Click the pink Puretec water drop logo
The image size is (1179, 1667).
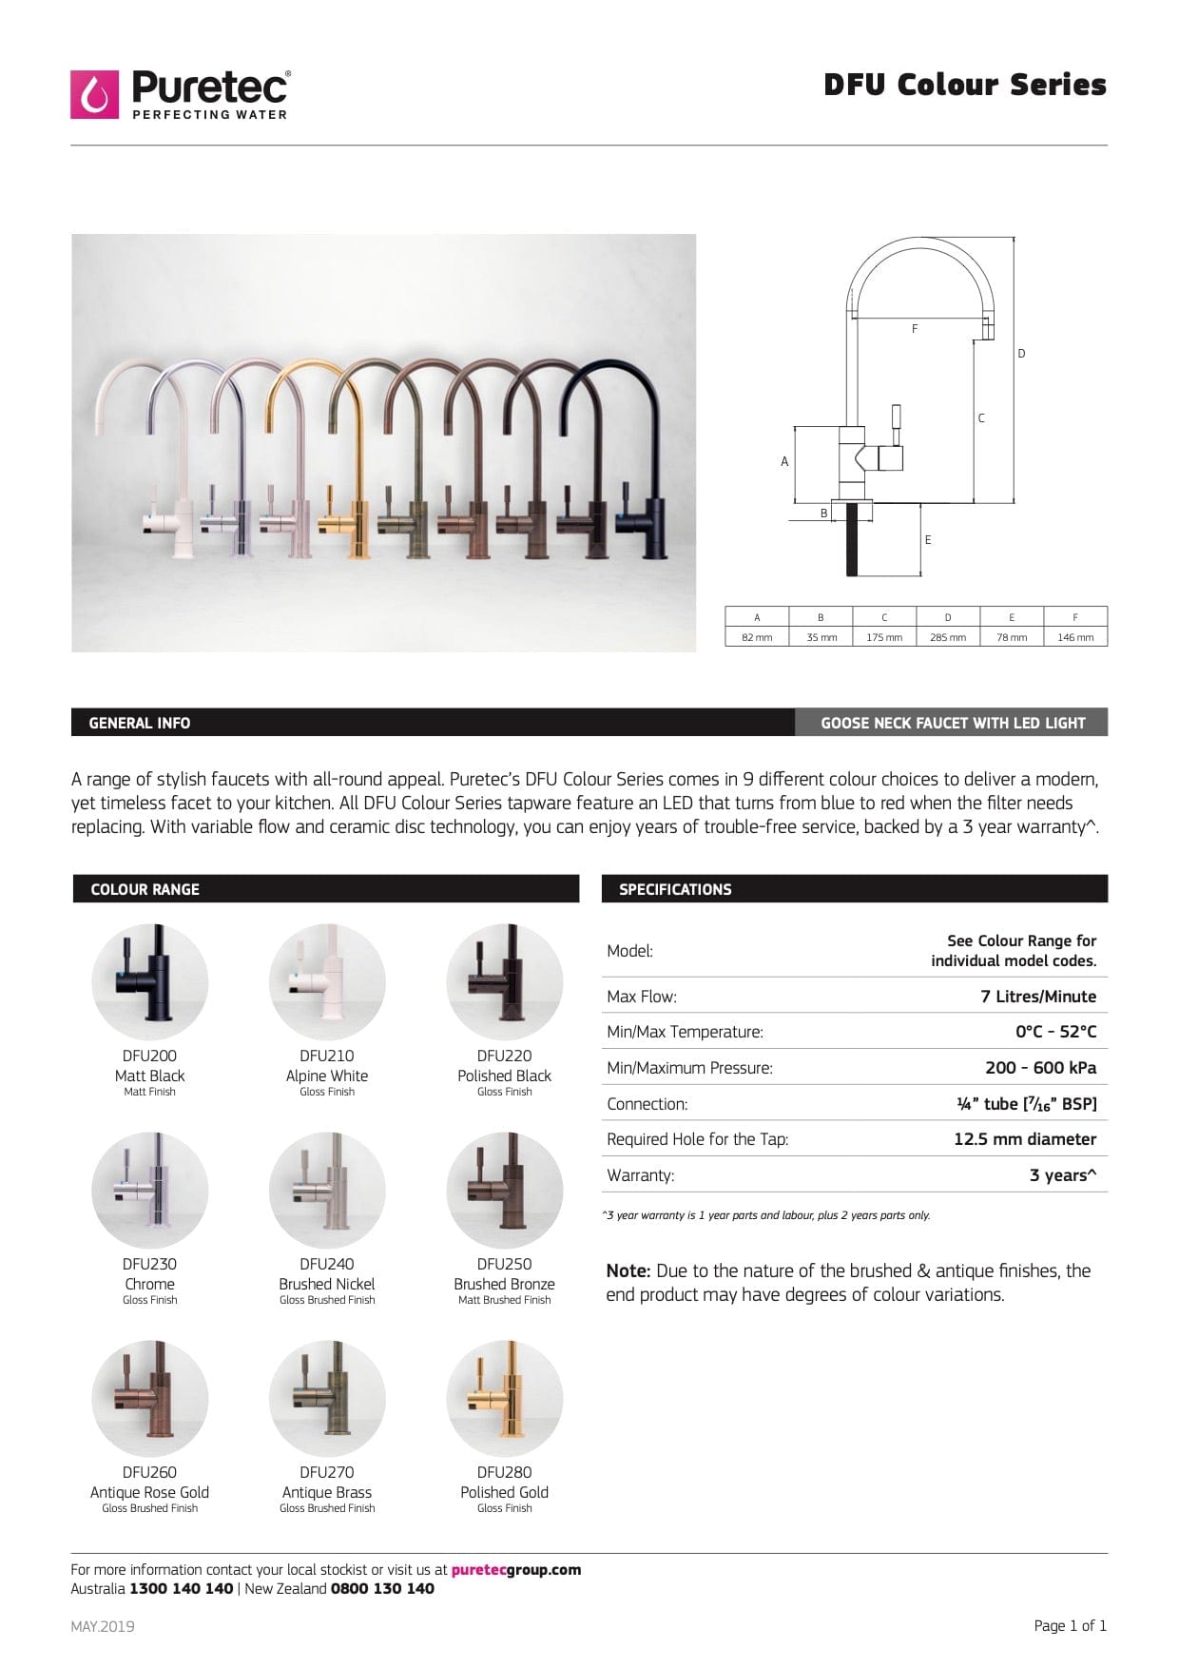(x=94, y=94)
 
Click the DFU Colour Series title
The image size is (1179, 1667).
(x=964, y=85)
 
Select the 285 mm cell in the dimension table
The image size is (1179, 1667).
(x=947, y=637)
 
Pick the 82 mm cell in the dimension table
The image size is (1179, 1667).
(x=757, y=637)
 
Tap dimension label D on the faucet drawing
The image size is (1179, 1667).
(x=1021, y=354)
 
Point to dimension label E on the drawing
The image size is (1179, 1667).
(x=928, y=540)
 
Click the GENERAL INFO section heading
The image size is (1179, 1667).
(x=140, y=723)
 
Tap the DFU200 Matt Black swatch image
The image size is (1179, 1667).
(x=149, y=981)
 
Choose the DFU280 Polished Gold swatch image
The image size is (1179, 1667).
(x=504, y=1398)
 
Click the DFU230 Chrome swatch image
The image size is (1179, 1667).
(x=149, y=1190)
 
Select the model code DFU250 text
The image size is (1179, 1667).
(x=504, y=1264)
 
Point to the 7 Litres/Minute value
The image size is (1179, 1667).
(x=1037, y=997)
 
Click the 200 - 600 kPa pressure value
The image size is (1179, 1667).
(x=1040, y=1068)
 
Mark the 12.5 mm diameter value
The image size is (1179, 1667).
(x=1024, y=1139)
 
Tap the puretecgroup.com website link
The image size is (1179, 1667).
(x=515, y=1570)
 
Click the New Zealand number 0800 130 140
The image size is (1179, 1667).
(x=382, y=1589)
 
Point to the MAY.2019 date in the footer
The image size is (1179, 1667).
(x=103, y=1626)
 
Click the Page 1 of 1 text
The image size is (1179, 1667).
(x=1070, y=1626)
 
